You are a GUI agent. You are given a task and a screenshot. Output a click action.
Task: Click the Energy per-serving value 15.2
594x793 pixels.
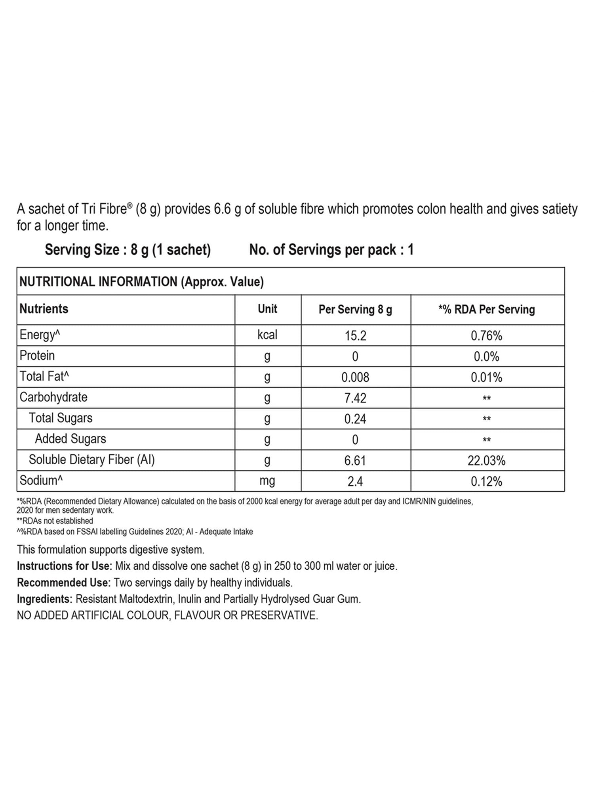pos(355,336)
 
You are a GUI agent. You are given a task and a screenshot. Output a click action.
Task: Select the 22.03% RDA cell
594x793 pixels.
pos(486,461)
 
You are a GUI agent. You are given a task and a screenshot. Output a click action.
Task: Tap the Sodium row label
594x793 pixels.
pos(41,481)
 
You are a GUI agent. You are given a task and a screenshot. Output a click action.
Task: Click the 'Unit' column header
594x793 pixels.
pos(267,309)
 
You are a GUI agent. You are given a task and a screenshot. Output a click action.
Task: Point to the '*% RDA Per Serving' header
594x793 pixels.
pos(486,309)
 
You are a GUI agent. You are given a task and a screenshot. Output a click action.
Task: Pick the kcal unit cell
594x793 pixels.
pos(267,335)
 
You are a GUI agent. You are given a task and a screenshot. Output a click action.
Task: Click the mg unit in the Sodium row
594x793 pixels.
pos(267,481)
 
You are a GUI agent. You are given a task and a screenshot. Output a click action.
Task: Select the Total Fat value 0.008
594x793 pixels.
pos(355,377)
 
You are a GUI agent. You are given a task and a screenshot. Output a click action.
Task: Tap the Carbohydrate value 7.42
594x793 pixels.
pos(355,398)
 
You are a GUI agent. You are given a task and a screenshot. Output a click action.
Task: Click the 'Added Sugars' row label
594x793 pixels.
pos(70,439)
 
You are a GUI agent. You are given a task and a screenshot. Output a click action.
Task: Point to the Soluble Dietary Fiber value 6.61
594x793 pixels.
pos(355,461)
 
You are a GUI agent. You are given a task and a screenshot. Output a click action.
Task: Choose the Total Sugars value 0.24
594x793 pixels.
pos(355,419)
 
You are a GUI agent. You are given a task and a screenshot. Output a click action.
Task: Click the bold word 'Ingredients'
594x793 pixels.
pos(43,599)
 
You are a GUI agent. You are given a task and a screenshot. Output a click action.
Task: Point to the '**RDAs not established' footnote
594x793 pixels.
pos(55,521)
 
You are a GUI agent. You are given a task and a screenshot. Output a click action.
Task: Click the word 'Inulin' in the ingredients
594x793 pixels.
pos(189,599)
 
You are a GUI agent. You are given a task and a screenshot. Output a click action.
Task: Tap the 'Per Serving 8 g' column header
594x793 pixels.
pos(355,309)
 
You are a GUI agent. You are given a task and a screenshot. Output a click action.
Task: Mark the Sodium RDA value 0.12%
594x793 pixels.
pos(486,482)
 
